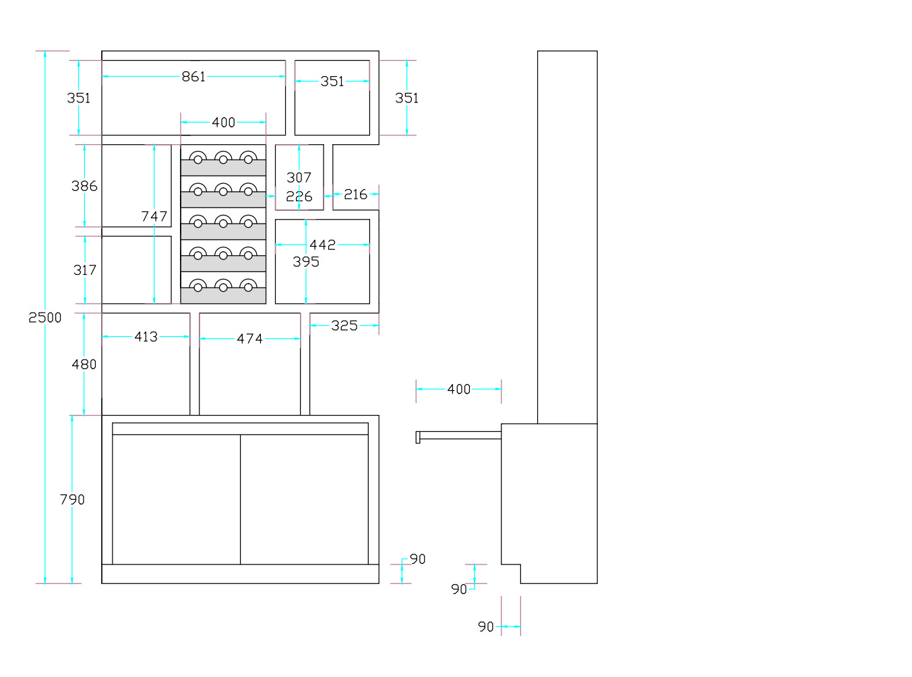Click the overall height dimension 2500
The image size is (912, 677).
[x=44, y=317]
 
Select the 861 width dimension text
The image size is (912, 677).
[x=193, y=76]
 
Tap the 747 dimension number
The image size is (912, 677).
[x=154, y=216]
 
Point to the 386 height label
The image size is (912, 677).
[x=84, y=186]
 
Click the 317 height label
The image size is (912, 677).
[x=85, y=270]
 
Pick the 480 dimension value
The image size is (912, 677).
[x=84, y=364]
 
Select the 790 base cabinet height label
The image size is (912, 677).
[x=72, y=499]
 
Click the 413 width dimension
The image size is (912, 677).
[x=146, y=337]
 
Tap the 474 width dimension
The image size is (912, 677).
[x=249, y=339]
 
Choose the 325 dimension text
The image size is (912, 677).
[x=344, y=325]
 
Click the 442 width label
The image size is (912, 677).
[x=322, y=245]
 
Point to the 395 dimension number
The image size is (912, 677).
[x=306, y=262]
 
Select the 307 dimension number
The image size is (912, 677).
[x=299, y=178]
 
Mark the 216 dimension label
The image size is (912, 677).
[x=355, y=194]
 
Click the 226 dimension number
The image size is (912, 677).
[x=299, y=196]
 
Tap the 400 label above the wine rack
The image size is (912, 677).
[x=223, y=123]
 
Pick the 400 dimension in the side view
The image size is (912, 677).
[x=458, y=389]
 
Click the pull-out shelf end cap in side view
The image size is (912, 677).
[x=418, y=437]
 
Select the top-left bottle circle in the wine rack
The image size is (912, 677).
[x=197, y=160]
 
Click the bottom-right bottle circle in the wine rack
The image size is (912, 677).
[x=248, y=288]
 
